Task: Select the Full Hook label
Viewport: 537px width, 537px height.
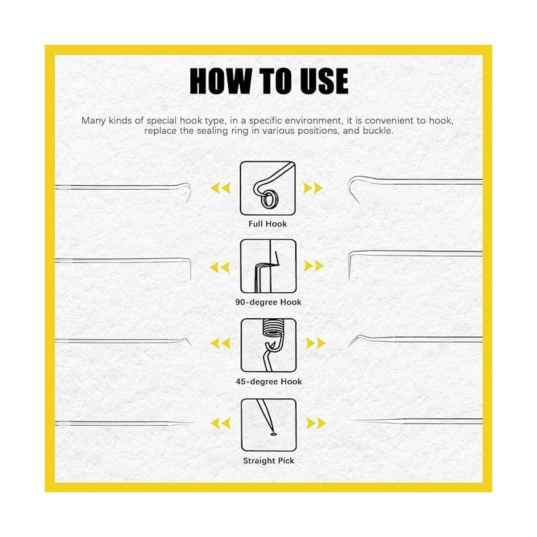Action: pos(268,224)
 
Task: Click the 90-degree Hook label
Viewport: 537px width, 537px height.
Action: pos(268,303)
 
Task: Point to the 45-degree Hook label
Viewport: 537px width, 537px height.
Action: pos(268,382)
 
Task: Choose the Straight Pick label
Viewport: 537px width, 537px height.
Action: pos(268,460)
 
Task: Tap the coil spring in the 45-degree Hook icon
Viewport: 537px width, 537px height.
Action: pos(271,328)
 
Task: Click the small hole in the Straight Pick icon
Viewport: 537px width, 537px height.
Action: pos(274,434)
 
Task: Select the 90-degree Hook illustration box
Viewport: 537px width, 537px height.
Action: pos(268,266)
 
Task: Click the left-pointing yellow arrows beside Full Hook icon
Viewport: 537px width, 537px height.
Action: pos(221,188)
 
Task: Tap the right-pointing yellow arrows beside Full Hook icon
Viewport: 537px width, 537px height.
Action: pos(313,188)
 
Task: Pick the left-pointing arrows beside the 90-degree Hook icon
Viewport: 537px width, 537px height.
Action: pos(220,267)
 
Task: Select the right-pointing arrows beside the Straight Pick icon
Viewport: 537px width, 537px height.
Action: pos(316,423)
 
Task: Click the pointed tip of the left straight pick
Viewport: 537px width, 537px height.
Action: pos(193,423)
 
